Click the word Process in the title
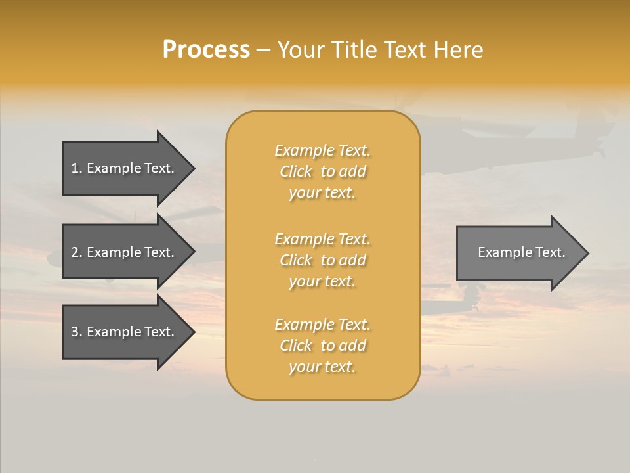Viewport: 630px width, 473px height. [x=206, y=50]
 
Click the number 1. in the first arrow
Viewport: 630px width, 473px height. [x=77, y=168]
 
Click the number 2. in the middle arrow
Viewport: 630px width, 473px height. [x=77, y=252]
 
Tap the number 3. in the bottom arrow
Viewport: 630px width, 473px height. [x=77, y=332]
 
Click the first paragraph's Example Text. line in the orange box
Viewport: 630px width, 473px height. [x=322, y=150]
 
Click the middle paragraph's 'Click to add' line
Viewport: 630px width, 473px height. [x=322, y=260]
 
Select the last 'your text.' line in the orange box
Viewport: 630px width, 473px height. [x=322, y=367]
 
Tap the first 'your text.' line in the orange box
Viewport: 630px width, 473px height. [x=322, y=193]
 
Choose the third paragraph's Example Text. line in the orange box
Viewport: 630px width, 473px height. [x=322, y=325]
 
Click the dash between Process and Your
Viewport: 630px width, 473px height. [x=263, y=51]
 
